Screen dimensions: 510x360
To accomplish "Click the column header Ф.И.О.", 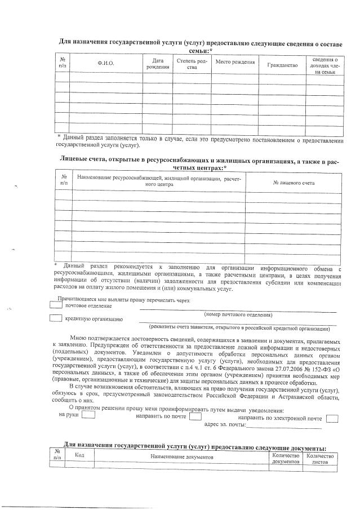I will (106, 63).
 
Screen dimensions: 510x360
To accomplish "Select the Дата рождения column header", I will (157, 64).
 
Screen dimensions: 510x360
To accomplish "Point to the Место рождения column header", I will (235, 62).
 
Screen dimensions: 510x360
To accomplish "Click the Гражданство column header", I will (282, 65).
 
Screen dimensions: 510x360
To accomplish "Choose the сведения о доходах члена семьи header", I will (325, 65).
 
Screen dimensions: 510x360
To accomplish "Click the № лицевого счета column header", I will (294, 183).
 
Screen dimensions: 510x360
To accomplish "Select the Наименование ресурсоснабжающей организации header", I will (158, 181).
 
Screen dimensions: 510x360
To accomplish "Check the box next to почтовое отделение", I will (56, 305).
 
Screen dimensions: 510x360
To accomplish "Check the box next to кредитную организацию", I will (56, 318).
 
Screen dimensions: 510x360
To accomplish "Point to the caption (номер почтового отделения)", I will (235, 314).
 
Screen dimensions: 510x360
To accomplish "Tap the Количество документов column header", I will (285, 458).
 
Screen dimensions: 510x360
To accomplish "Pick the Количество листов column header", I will (319, 458).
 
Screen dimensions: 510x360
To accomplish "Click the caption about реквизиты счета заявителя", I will (239, 327).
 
